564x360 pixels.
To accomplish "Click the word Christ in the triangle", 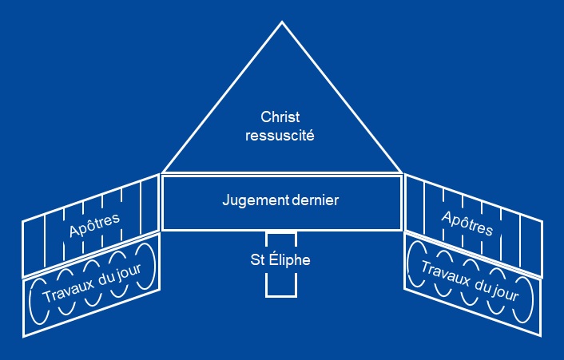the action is [280, 117].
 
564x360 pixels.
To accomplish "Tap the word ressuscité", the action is [280, 136].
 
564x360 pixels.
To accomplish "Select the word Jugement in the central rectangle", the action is [256, 200].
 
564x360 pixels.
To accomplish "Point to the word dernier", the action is [316, 200].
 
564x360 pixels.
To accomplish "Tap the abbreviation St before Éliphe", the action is [257, 260].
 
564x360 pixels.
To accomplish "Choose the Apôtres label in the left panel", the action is [94, 225].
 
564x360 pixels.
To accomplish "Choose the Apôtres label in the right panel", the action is [467, 224].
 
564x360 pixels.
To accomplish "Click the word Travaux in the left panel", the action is [69, 289].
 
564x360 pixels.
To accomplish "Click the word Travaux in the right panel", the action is [446, 275].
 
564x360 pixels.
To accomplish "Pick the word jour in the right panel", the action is [506, 293].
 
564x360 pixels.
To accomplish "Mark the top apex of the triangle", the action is [282, 22].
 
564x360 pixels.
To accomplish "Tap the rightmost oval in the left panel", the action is [156, 266].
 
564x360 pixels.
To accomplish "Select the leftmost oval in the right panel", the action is [408, 264].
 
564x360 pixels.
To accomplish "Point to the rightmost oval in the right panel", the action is [532, 299].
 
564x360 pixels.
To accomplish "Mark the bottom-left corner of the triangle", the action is [163, 172].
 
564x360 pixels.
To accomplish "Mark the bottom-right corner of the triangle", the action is [401, 172].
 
